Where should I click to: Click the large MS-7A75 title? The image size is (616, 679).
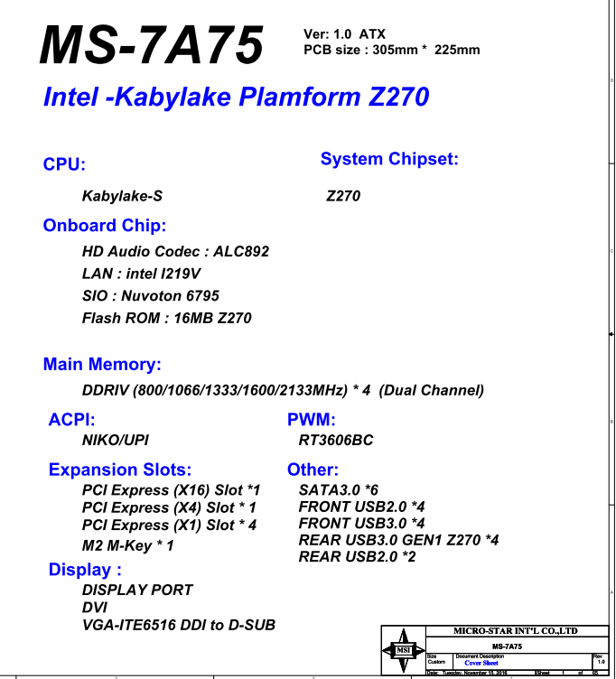(152, 44)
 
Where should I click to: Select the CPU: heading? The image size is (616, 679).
(64, 164)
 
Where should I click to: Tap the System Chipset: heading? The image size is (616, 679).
(389, 160)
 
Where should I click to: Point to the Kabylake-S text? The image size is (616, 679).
(122, 195)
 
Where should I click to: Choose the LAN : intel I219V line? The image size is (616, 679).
(141, 274)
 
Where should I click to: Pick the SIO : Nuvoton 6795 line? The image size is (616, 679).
(150, 295)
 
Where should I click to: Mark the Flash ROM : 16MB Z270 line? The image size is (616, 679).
(166, 318)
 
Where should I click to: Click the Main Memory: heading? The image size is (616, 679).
(102, 365)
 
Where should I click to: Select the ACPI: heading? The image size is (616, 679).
(71, 420)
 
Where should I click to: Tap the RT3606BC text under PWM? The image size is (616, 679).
(335, 441)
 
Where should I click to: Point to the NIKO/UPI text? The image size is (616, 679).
(116, 441)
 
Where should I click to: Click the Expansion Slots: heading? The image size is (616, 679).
(120, 470)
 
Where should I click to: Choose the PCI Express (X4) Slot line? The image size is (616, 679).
(169, 507)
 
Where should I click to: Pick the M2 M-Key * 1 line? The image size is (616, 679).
(127, 545)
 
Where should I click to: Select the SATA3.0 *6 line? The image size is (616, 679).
(339, 488)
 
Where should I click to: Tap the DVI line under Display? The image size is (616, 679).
(96, 608)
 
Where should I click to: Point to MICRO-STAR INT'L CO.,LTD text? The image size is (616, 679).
(511, 630)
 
